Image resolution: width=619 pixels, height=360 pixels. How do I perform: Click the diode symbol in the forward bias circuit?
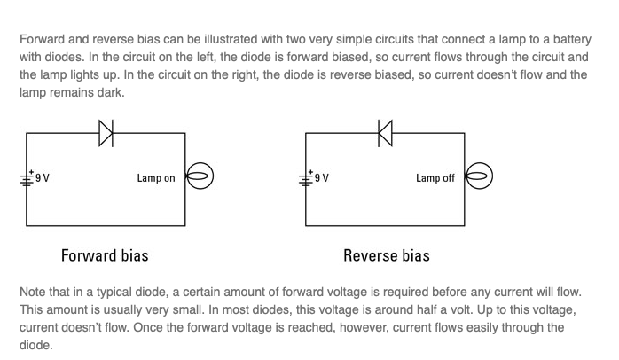click(106, 133)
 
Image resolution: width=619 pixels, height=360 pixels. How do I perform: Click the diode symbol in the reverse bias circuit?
click(385, 133)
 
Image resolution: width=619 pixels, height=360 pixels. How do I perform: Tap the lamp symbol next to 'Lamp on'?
click(199, 177)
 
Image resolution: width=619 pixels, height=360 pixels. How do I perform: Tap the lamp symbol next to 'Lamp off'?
click(479, 177)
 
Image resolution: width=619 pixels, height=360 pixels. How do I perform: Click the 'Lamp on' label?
click(156, 178)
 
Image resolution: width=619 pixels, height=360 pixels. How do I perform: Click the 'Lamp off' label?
click(435, 178)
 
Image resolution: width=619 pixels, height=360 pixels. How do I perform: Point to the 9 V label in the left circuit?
click(43, 178)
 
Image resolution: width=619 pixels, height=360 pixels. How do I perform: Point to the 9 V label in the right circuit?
click(322, 178)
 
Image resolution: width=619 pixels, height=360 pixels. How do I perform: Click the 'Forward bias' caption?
click(105, 255)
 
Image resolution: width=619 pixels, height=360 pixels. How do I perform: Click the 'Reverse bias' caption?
click(387, 255)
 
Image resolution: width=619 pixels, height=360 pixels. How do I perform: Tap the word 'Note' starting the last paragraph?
click(33, 291)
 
